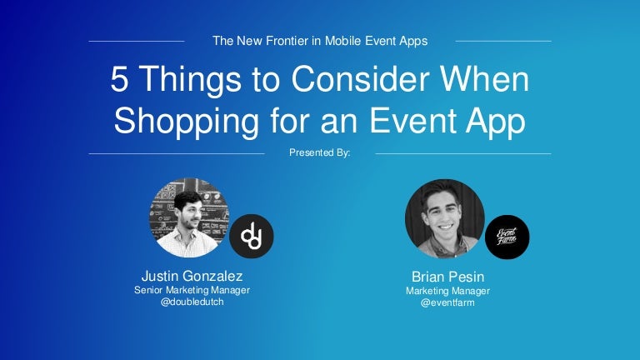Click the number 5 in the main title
[x=120, y=79]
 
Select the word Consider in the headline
[x=360, y=78]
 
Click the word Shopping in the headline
[x=187, y=122]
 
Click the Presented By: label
[x=320, y=152]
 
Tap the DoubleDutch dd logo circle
[x=252, y=237]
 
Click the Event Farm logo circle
[x=507, y=237]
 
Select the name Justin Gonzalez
[x=192, y=277]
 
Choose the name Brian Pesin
[x=447, y=277]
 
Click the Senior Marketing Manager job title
[x=192, y=290]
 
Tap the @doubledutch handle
[x=192, y=302]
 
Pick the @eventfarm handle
[x=447, y=302]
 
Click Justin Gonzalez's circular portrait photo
[x=188, y=218]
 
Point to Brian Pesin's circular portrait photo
[x=444, y=219]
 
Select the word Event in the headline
[x=413, y=121]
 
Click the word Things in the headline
[x=190, y=80]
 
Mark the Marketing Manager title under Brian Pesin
[x=447, y=291]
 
